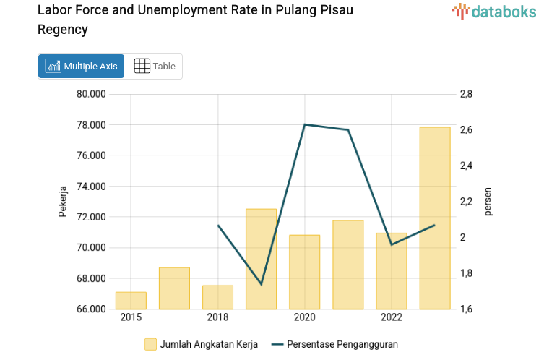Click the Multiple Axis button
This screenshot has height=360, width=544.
coord(81,66)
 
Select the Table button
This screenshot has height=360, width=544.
coord(155,66)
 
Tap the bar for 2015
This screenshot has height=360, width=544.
coord(131,301)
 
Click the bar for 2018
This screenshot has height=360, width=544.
coord(217,297)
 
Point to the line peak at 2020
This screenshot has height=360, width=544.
coord(304,124)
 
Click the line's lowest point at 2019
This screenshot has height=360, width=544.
coord(261,284)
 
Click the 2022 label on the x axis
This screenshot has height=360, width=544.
coord(391,317)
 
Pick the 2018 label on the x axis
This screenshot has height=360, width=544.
coord(217,317)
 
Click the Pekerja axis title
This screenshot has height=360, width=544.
coord(63,202)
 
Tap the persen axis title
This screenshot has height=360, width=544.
coord(488,202)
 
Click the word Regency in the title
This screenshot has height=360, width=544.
coord(63,30)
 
